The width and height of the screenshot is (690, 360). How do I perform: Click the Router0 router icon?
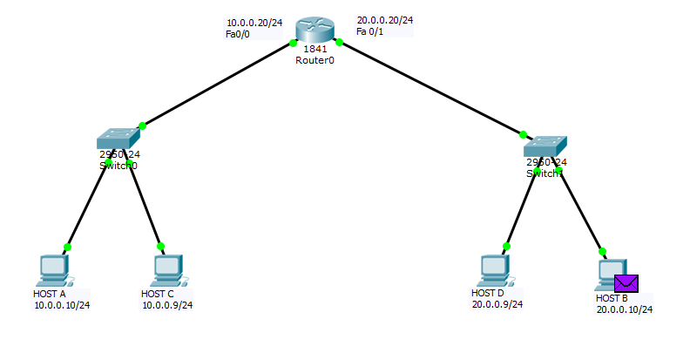coord(315,29)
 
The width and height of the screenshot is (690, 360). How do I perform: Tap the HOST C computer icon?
coord(165,270)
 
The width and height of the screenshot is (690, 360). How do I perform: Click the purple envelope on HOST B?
coord(626,283)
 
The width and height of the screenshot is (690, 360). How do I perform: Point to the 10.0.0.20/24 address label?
coord(254,23)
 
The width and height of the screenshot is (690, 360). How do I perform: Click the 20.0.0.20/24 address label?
coord(385,20)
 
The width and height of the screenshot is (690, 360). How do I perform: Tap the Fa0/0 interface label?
coord(238,34)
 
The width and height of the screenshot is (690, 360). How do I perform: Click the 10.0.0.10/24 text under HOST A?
coord(62,305)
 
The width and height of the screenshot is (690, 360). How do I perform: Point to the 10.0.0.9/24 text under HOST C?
coord(167,305)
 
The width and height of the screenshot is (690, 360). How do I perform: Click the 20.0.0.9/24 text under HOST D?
coord(497,304)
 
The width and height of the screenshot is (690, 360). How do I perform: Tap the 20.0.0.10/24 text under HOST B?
coord(625,309)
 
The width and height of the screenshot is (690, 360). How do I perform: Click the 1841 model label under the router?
coord(315,49)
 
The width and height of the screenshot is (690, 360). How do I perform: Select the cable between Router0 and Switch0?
coord(218,84)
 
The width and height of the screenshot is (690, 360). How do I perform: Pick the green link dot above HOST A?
coord(68,247)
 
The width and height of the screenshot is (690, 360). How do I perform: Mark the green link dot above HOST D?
coord(506,247)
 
